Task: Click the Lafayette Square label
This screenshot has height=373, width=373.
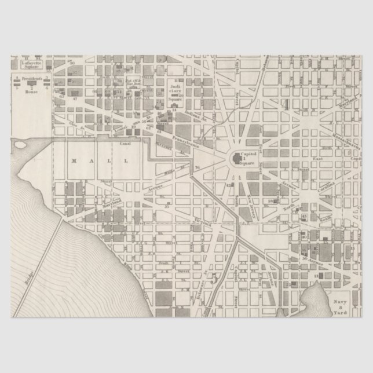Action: pyautogui.click(x=29, y=64)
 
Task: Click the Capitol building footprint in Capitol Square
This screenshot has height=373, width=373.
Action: pyautogui.click(x=237, y=157)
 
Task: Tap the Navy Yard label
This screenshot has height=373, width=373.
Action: pyautogui.click(x=340, y=306)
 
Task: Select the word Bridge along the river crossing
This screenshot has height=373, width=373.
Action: pyautogui.click(x=26, y=281)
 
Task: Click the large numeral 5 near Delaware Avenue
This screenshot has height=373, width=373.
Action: pyautogui.click(x=214, y=279)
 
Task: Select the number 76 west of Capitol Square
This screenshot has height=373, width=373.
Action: pyautogui.click(x=197, y=169)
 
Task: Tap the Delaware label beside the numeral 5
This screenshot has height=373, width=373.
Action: pyautogui.click(x=204, y=278)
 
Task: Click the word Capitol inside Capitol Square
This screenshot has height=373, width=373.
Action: pyautogui.click(x=248, y=154)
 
